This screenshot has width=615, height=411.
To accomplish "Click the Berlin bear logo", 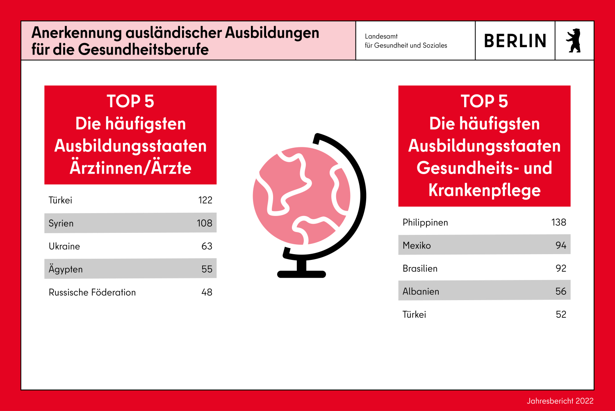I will click(x=574, y=41).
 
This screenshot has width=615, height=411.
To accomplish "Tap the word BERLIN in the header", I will click(x=515, y=41).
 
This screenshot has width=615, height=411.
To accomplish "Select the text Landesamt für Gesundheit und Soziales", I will click(x=405, y=41).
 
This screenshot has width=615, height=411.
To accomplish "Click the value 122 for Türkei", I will click(x=205, y=200).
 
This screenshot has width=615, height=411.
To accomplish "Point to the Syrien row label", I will click(x=61, y=223).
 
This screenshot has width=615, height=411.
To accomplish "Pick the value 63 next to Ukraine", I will click(x=207, y=246).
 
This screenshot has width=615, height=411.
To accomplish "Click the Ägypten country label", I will click(x=66, y=269).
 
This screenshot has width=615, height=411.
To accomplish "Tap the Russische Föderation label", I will click(x=92, y=292).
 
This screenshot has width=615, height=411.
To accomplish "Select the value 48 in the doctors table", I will click(x=207, y=292).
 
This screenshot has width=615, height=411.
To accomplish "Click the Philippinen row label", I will click(x=425, y=223).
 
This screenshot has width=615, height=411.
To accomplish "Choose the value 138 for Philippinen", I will click(x=558, y=223).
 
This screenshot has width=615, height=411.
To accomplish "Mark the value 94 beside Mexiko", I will click(x=560, y=246).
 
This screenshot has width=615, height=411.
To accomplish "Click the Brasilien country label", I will click(x=420, y=269).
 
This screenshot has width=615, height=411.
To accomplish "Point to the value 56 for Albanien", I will click(x=560, y=292).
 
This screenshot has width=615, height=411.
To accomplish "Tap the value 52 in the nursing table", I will click(x=560, y=315).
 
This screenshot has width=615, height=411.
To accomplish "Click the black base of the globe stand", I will click(x=301, y=274).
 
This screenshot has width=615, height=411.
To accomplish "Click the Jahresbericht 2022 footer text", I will click(x=560, y=401).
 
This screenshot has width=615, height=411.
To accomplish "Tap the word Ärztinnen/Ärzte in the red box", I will click(x=130, y=168).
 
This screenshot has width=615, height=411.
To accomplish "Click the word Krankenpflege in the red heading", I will click(x=484, y=190).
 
